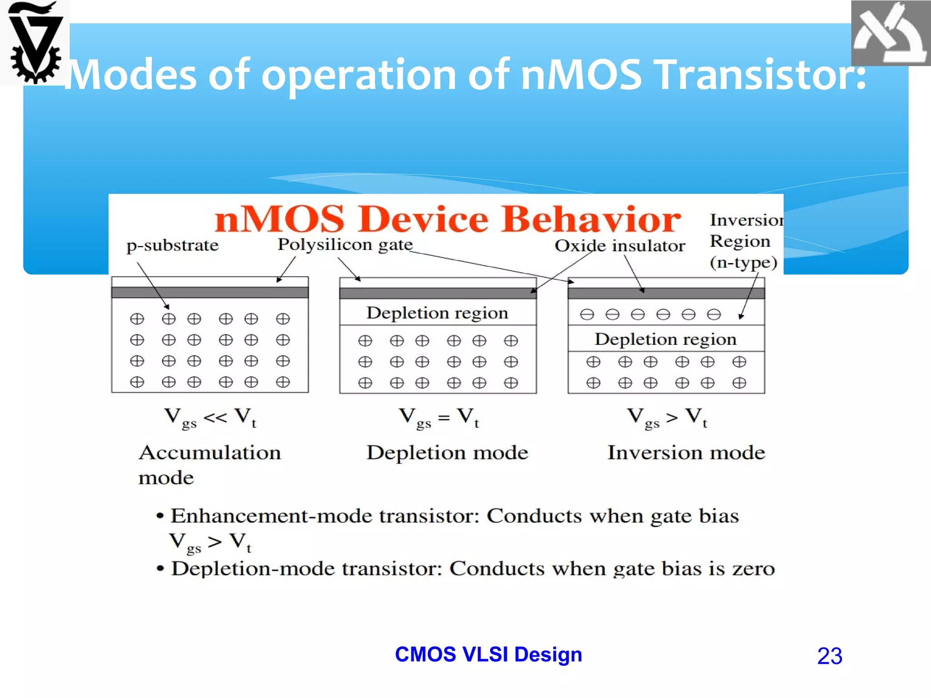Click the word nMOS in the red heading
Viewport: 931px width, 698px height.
point(279,219)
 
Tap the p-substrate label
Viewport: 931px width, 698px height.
point(172,245)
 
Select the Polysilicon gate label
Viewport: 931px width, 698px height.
point(345,244)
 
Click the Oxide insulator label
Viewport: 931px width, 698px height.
point(620,246)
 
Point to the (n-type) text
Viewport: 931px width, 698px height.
point(743,263)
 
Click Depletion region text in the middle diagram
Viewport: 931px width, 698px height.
point(437,313)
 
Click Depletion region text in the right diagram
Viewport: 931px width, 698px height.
point(665,339)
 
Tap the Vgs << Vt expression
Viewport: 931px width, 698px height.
point(210,417)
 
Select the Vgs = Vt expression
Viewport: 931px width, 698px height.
point(439,417)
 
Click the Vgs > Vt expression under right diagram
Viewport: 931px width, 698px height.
point(667,417)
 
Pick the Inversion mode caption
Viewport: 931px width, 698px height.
point(686,453)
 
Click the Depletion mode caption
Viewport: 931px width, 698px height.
point(447,453)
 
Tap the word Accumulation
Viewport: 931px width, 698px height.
point(210,453)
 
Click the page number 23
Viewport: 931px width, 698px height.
point(830,656)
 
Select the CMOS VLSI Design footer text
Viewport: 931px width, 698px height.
point(488,654)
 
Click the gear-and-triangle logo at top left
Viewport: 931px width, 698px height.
point(35,43)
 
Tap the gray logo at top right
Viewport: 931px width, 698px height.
point(890,33)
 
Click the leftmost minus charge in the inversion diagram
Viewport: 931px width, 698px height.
point(587,314)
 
